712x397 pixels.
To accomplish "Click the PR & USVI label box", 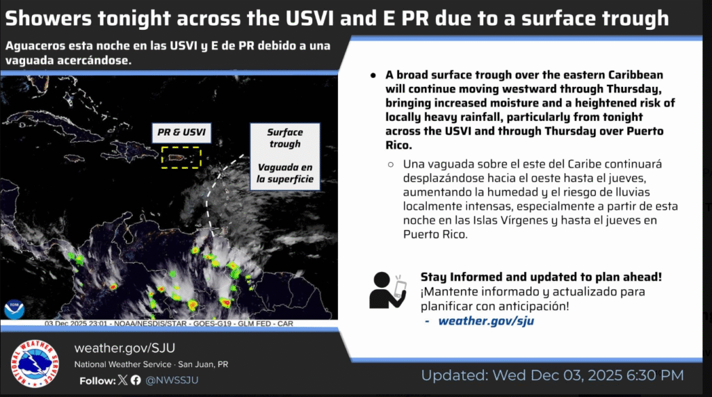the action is [181, 133].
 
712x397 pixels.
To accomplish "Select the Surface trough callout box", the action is [284, 156].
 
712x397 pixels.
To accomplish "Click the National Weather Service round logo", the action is [35, 364].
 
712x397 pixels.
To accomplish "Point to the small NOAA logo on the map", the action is [14, 309].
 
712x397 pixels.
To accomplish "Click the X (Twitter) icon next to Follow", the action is [122, 380].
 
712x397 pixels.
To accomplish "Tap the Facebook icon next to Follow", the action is [136, 380].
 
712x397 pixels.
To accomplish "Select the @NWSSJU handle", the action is [172, 380].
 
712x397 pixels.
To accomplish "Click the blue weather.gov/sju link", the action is [486, 321].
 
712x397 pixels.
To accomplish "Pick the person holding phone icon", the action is [387, 291].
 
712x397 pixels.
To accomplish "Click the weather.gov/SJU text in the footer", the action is [124, 348].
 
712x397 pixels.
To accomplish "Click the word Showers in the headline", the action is [49, 18].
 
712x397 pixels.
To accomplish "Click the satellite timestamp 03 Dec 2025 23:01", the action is [76, 323].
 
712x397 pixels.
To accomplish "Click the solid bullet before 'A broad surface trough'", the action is [373, 75].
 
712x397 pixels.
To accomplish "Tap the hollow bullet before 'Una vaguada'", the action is [391, 165].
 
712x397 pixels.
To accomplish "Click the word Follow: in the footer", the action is [97, 380].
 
